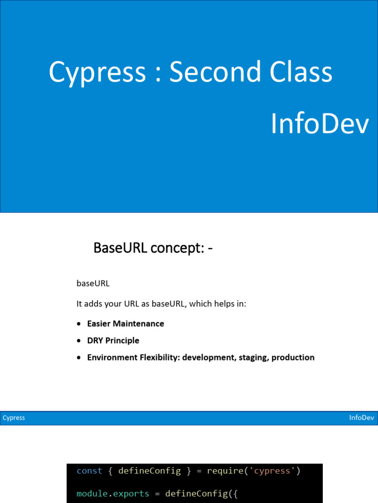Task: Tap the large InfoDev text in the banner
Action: coord(319,125)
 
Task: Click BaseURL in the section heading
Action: coord(120,249)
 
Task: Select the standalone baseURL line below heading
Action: coord(93,283)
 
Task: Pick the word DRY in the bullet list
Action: coord(95,340)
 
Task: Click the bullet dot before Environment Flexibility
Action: coord(79,358)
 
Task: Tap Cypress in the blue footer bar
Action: coord(14,418)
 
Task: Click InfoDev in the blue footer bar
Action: coord(362,418)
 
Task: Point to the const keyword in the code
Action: coord(90,471)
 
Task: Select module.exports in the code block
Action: coord(113,493)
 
